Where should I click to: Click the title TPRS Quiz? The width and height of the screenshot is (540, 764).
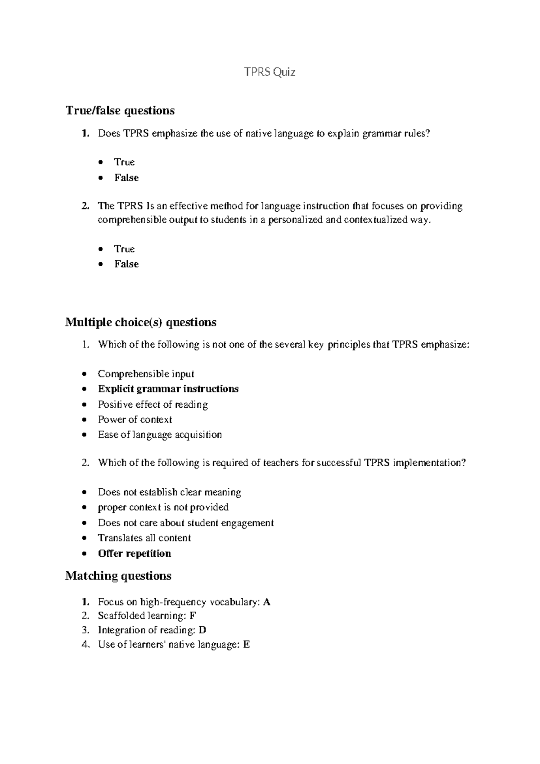(x=270, y=72)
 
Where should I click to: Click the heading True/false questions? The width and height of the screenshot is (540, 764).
(x=120, y=110)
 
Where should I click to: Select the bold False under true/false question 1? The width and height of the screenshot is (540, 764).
(x=126, y=178)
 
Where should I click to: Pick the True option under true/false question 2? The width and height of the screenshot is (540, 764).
(x=124, y=249)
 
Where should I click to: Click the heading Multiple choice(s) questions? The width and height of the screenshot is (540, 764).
(x=140, y=323)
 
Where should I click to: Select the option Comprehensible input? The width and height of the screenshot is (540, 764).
(x=146, y=374)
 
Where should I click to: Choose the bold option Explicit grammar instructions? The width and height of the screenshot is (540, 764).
(x=168, y=389)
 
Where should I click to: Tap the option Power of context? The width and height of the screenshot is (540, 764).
(x=135, y=420)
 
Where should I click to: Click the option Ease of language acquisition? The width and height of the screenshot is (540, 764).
(x=160, y=435)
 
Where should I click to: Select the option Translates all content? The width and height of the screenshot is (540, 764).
(x=144, y=538)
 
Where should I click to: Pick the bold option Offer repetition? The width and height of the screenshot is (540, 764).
(x=134, y=554)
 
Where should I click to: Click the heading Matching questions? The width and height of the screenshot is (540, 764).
(x=118, y=576)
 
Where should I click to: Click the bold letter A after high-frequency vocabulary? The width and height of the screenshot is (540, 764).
(x=267, y=602)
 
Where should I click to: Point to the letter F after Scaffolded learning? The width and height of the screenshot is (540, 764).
(x=193, y=616)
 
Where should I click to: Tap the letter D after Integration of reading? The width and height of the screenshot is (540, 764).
(x=202, y=630)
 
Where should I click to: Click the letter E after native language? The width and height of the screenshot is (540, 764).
(x=246, y=645)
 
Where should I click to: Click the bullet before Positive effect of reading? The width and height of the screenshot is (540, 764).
(x=84, y=405)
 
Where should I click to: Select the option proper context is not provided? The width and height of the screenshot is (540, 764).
(x=163, y=508)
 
